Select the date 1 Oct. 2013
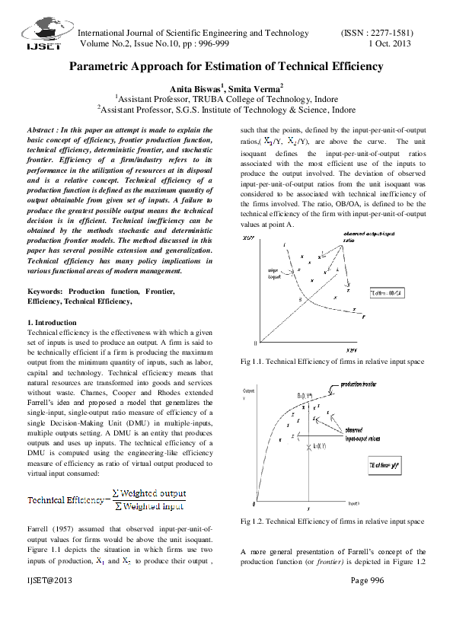[390, 45]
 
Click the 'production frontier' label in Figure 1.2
[362, 385]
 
